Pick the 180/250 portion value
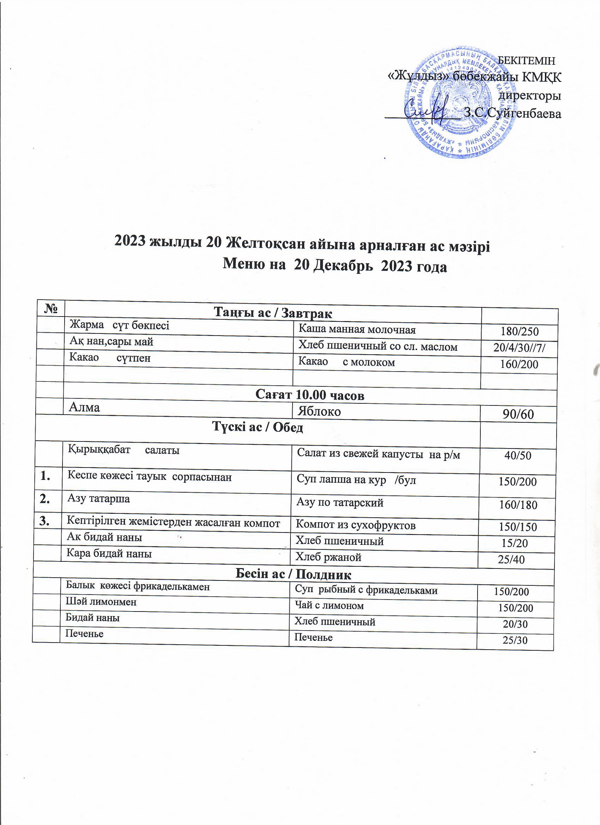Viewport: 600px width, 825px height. tap(519, 331)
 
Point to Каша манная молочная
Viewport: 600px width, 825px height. tap(356, 330)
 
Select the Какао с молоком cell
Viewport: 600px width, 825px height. tap(346, 362)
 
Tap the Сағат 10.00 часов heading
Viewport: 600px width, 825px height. tap(310, 396)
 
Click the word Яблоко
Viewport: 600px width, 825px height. tap(319, 411)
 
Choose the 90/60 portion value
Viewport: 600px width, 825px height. tap(518, 414)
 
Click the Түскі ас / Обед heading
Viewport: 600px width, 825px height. tap(258, 428)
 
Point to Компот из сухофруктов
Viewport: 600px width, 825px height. tap(355, 525)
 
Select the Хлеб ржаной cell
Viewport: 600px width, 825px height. tap(328, 557)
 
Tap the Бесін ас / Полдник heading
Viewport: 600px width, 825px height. tap(294, 574)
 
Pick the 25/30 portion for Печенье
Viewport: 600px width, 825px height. tap(515, 640)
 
